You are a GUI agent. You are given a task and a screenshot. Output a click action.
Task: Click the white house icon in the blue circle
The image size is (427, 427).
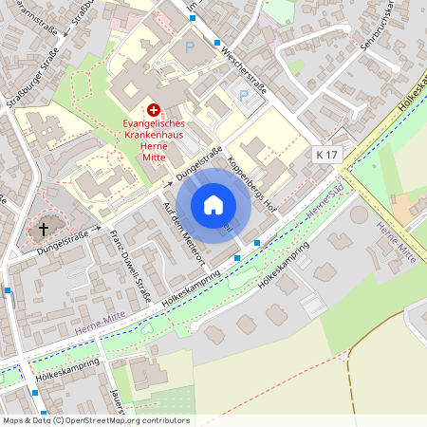pos(213,205)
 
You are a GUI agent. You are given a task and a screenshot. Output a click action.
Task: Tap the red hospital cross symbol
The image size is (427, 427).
pos(154,111)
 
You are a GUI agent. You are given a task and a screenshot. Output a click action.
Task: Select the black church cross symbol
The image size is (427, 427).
pos(43,229)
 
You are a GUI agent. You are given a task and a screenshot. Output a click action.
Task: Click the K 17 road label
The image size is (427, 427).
pos(326,153)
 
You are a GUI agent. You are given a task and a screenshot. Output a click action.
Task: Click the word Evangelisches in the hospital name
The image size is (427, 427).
pos(158,124)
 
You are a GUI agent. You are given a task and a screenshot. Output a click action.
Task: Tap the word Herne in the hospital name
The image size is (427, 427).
pos(153,147)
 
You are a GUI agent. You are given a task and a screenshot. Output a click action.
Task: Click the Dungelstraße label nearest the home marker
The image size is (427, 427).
pos(199,163)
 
